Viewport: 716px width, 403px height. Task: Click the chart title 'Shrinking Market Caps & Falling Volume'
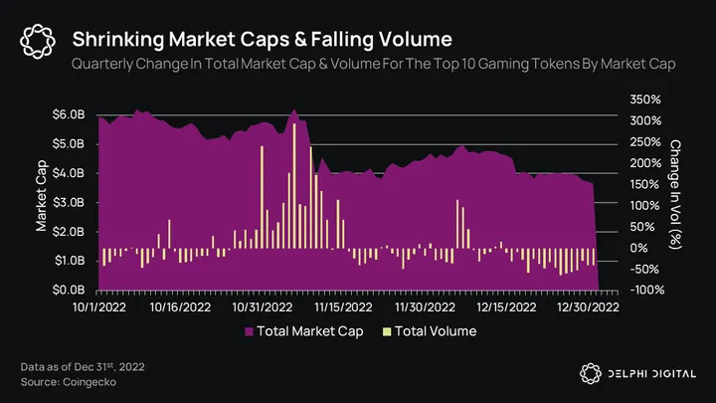(263, 40)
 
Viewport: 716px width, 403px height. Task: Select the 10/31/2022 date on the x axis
(264, 307)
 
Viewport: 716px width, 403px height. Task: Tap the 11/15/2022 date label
(344, 307)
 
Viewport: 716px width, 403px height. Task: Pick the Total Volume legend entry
(428, 331)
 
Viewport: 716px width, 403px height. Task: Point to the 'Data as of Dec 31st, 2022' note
(83, 366)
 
